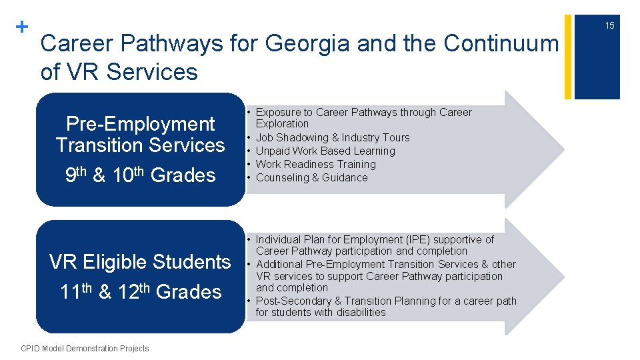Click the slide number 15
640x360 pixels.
609,25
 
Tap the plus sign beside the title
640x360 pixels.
22,27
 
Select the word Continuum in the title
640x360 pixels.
501,44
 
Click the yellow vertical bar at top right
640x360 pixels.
568,57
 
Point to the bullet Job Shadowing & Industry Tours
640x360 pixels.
333,137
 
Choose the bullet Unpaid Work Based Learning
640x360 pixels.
325,151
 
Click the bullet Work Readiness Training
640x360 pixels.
316,164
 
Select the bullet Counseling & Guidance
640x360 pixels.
311,177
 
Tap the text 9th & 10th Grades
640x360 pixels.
140,175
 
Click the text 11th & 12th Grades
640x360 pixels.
140,291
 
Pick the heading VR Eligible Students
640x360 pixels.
140,262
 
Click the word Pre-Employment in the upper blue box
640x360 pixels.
140,124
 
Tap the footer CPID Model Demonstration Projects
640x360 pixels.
85,348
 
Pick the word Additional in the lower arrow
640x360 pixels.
280,264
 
